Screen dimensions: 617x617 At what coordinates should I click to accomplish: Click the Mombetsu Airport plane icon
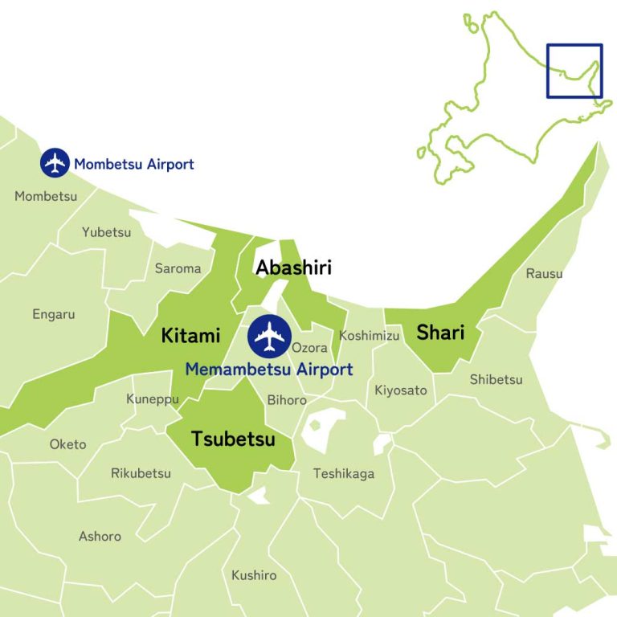point(55,163)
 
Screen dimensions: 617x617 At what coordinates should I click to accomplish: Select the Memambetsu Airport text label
point(268,370)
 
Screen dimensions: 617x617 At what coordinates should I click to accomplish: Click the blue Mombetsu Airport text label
point(134,165)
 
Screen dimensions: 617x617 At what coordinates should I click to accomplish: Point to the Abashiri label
point(293,268)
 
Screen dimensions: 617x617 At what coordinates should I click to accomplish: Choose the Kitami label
point(190,335)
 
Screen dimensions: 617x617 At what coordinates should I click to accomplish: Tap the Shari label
point(440,332)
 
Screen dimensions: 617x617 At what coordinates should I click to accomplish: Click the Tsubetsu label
point(233,439)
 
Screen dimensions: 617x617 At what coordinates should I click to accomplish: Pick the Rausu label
point(544,274)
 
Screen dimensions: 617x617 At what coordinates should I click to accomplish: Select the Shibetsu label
point(496,379)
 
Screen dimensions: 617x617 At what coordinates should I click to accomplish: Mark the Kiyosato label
point(401,391)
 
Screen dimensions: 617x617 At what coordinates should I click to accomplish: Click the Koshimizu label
point(369,336)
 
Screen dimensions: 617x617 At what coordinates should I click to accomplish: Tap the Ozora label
point(309,348)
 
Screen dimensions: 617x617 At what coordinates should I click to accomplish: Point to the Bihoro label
point(287,399)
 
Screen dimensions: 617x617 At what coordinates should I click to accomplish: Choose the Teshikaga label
point(344,473)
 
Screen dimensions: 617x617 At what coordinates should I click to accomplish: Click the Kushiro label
point(254,575)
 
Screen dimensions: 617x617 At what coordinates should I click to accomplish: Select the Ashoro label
point(100,536)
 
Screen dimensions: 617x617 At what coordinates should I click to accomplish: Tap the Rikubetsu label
point(141,473)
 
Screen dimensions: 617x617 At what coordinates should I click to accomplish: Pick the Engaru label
point(54,314)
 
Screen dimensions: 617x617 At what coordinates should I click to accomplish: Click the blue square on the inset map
point(574,71)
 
